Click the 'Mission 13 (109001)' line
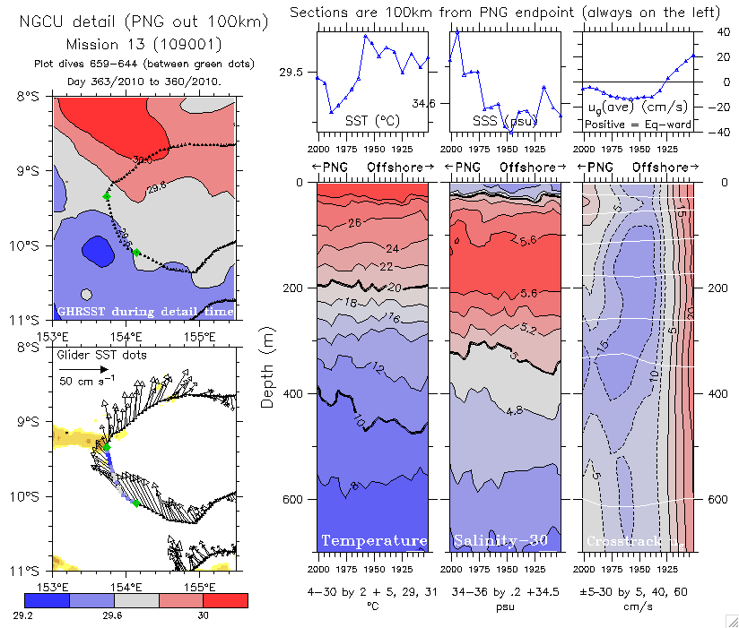(x=143, y=44)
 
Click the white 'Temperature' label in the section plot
(x=374, y=540)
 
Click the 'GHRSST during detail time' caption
(x=144, y=311)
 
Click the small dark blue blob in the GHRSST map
(x=97, y=247)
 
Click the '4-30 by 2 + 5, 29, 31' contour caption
(x=374, y=591)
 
